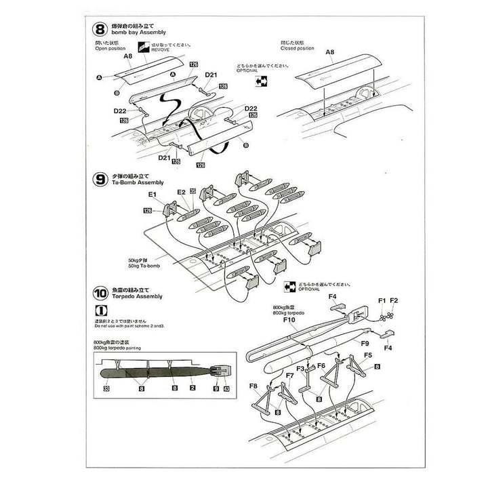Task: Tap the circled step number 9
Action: coord(100,180)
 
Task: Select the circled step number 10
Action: coord(100,293)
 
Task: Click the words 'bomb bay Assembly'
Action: coord(130,33)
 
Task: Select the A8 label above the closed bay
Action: coord(330,52)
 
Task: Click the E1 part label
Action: coord(152,195)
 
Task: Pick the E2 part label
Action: coord(180,192)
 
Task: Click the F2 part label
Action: coord(394,300)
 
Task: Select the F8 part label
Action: coord(253,386)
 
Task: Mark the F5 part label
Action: coord(368,354)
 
